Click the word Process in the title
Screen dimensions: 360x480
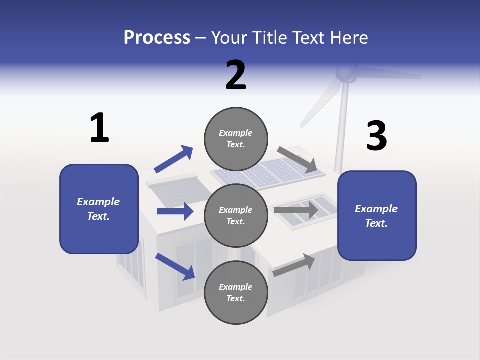(x=157, y=38)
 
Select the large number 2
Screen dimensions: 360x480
(x=236, y=75)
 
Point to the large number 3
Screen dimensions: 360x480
(x=376, y=136)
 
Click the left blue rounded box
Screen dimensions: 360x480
(x=99, y=209)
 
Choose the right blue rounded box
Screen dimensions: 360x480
(x=377, y=216)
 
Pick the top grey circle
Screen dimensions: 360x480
(x=236, y=139)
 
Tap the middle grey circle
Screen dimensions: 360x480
(x=236, y=215)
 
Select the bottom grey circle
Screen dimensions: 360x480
(x=236, y=292)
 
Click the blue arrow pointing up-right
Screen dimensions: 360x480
(x=174, y=159)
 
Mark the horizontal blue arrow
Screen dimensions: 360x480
(x=175, y=211)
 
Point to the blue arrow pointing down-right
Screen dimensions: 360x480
(x=175, y=266)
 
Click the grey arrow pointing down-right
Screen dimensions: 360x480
(x=297, y=160)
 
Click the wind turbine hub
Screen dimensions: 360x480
(x=344, y=74)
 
